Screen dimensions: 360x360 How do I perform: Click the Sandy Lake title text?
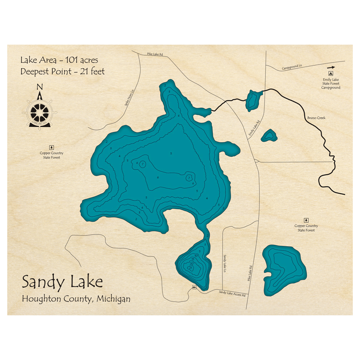click(x=62, y=282)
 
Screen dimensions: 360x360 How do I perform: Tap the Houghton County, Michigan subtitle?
click(x=76, y=299)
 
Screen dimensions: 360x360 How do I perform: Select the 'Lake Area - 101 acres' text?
click(x=59, y=60)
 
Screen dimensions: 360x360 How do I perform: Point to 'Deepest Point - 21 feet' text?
click(x=63, y=72)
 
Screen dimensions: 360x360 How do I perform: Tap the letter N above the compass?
click(x=40, y=87)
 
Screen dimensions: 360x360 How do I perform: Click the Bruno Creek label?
click(x=316, y=118)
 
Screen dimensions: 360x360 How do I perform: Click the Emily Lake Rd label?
click(x=254, y=128)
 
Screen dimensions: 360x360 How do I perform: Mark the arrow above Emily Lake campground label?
click(x=331, y=67)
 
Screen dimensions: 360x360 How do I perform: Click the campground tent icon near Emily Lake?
click(x=331, y=73)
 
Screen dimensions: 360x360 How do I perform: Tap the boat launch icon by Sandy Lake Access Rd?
click(x=194, y=287)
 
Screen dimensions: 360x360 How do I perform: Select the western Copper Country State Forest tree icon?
click(x=51, y=147)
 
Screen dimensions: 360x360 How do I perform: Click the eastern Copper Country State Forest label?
click(x=306, y=228)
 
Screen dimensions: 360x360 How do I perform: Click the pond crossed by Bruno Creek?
click(x=254, y=100)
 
